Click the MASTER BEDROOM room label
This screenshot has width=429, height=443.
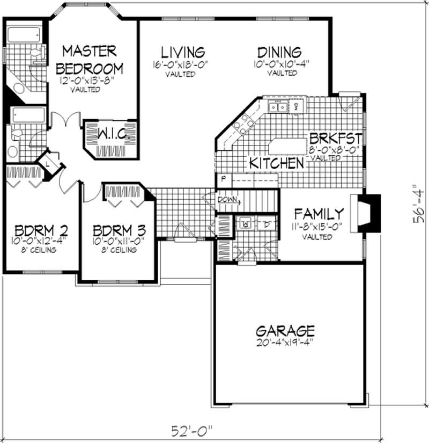tap(89, 60)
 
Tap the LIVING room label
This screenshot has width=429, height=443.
tap(183, 52)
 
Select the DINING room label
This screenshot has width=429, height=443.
tap(279, 52)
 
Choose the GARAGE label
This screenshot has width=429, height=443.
tap(285, 330)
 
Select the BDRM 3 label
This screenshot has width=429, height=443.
tap(119, 230)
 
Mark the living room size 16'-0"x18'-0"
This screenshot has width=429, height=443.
tap(180, 66)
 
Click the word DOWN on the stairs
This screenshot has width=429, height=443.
tap(227, 200)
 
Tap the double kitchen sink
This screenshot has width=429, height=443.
tap(278, 107)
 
